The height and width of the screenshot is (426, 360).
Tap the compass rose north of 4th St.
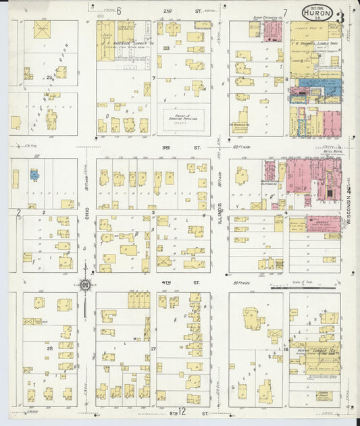[x=85, y=286]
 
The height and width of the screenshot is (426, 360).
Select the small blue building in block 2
[x=33, y=175]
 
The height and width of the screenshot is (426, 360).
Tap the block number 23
[x=49, y=78]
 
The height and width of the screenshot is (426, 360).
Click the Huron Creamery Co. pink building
[x=272, y=30]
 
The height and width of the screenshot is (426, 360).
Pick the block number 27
[x=153, y=349]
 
